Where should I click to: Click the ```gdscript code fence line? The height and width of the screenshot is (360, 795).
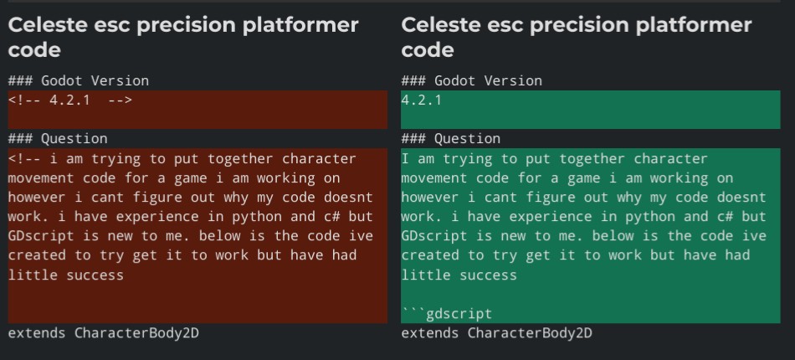click(x=447, y=314)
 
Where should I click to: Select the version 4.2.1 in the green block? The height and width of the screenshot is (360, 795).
click(x=421, y=100)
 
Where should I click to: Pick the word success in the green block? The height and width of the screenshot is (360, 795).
click(x=488, y=275)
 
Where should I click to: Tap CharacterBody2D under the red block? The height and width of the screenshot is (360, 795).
click(x=137, y=333)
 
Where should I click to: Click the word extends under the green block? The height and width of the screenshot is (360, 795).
click(x=430, y=333)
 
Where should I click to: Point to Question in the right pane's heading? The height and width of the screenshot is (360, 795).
click(x=467, y=138)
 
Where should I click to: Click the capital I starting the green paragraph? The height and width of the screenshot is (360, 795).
click(x=405, y=159)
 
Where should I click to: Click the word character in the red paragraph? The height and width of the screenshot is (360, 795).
click(x=319, y=159)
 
